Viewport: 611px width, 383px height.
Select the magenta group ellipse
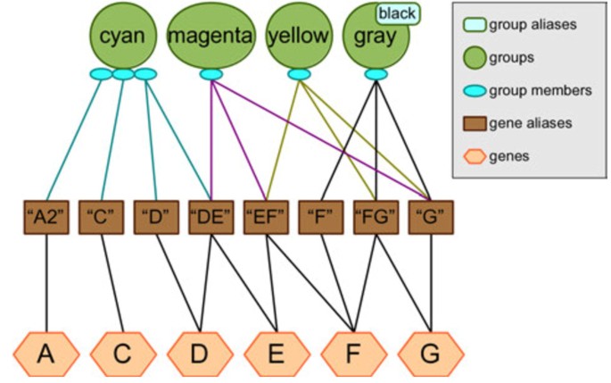[211, 36]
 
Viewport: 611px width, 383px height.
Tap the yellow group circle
[299, 36]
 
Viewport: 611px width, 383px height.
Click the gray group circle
[375, 37]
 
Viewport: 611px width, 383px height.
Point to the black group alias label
[397, 12]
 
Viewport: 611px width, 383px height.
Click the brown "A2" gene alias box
[45, 218]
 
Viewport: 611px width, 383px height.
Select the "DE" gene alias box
[211, 218]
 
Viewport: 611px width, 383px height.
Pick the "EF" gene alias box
[266, 218]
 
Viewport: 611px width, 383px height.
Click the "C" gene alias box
[101, 218]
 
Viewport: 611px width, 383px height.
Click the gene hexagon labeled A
[45, 354]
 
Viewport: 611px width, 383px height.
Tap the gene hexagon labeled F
[354, 354]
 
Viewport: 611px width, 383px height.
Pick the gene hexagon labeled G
[431, 354]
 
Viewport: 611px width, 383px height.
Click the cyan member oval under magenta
[211, 74]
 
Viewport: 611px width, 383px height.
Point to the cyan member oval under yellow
[299, 74]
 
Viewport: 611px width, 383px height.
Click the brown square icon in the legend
[476, 124]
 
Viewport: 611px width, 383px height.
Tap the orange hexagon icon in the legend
[476, 156]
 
